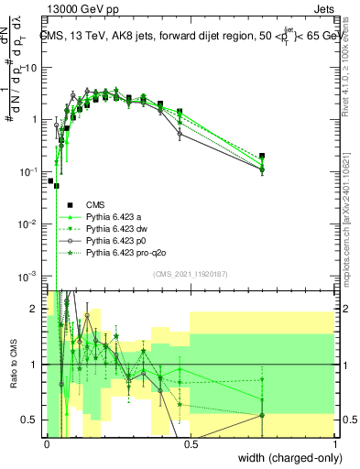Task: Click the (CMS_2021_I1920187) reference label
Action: tap(190, 274)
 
